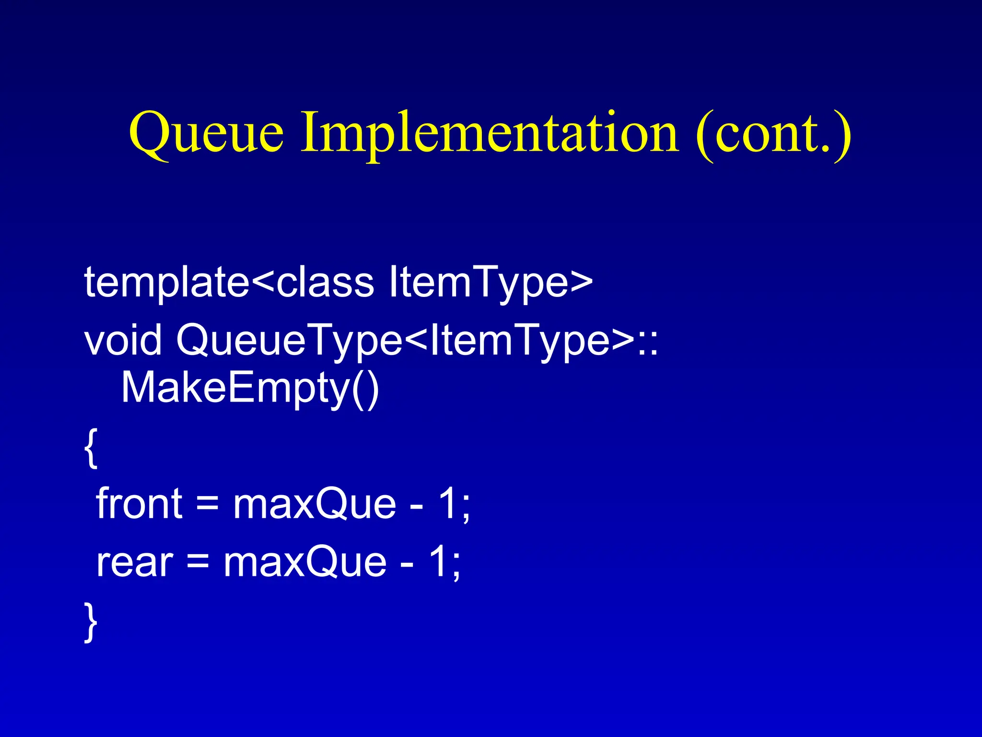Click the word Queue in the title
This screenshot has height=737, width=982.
(206, 132)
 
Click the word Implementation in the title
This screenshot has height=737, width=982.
(489, 132)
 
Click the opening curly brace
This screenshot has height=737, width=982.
(91, 448)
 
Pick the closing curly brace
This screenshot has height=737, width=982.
(91, 622)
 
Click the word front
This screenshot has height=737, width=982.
(139, 504)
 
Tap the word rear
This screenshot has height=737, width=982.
(134, 562)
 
